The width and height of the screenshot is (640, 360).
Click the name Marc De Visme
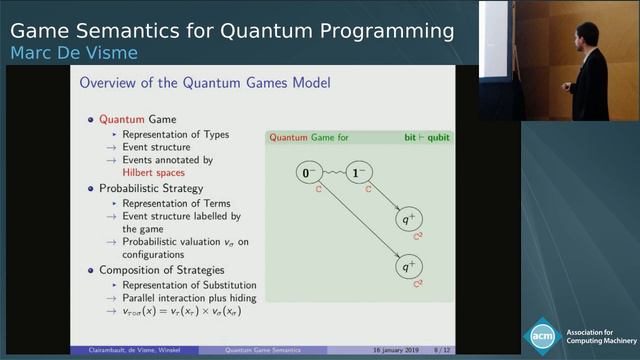73,52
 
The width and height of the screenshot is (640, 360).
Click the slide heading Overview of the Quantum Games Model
205,82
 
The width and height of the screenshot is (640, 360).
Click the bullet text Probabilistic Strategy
151,188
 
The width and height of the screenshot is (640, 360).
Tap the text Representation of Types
175,134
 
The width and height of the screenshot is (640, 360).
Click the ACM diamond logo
544,334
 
